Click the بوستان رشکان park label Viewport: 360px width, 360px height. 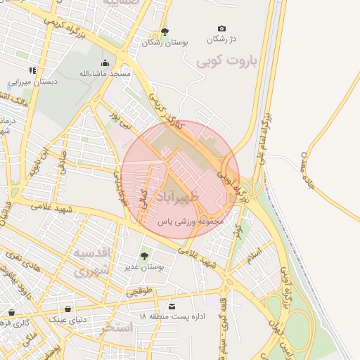pos(166,43)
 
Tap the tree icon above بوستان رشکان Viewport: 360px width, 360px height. pos(165,32)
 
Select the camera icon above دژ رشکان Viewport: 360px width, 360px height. pos(222,28)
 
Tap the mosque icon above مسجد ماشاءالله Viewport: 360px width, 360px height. pos(105,63)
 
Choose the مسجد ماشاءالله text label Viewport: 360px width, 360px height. pos(105,73)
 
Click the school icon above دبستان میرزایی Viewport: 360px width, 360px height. pos(32,70)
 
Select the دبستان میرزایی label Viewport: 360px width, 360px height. pos(32,81)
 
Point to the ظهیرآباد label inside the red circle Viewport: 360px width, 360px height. pos(180,193)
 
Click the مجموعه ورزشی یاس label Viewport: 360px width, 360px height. pos(190,221)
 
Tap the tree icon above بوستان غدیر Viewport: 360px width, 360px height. pos(144,256)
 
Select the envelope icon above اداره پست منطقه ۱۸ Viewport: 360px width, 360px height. pos(172,306)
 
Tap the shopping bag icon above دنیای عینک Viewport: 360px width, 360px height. pos(68,309)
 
